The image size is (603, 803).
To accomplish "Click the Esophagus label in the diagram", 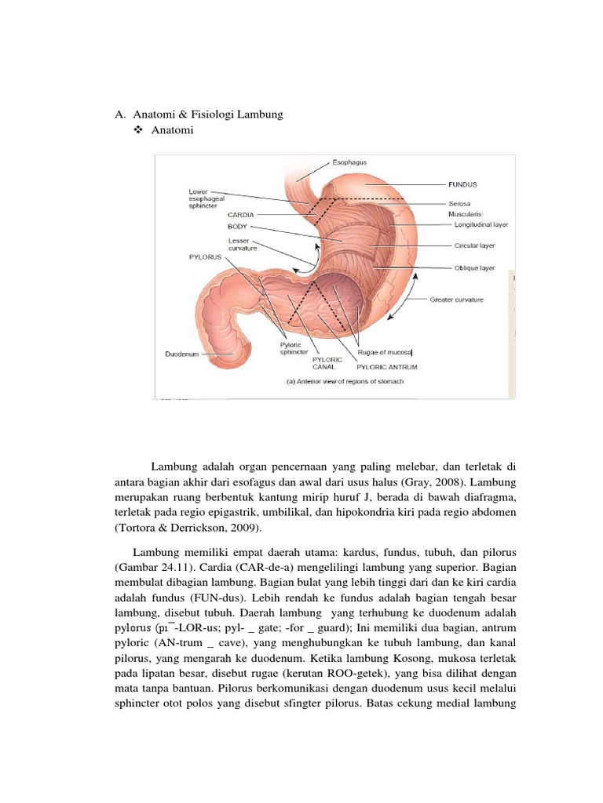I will (x=349, y=162).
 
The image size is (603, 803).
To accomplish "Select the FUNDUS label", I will (x=462, y=184).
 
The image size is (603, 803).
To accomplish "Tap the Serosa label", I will (x=459, y=203).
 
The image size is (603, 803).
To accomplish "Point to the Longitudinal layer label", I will (x=481, y=224).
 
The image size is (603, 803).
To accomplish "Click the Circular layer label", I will (x=474, y=245).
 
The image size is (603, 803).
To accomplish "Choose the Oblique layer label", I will (x=475, y=267).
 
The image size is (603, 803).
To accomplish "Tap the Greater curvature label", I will (x=456, y=299).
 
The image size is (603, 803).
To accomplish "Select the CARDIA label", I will (x=241, y=213).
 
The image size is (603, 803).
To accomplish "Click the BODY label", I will (x=238, y=226).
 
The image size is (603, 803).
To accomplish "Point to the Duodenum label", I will (x=182, y=354).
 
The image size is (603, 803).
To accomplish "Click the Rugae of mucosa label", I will (x=385, y=353).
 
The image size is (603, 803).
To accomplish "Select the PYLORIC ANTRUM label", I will (x=386, y=366).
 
